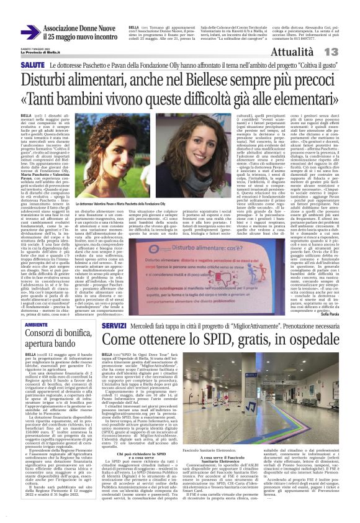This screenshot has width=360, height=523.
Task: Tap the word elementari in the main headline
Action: tap(298, 99)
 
